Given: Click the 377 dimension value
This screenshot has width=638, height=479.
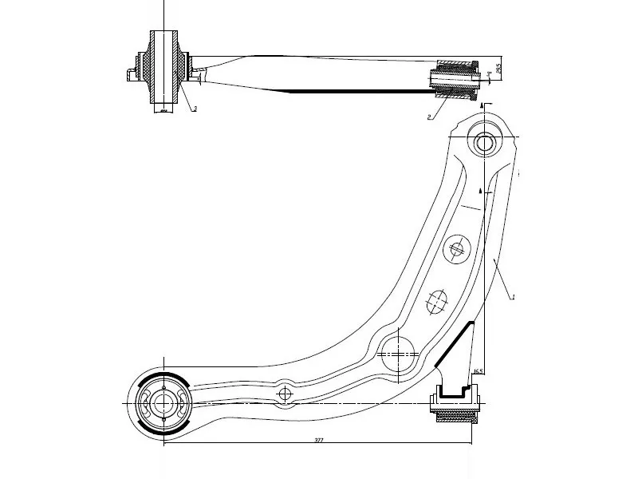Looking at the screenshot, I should pyautogui.click(x=318, y=440).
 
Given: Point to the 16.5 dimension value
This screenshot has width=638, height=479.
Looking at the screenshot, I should pyautogui.click(x=478, y=371).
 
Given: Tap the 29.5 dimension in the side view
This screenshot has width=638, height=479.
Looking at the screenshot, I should pyautogui.click(x=498, y=69).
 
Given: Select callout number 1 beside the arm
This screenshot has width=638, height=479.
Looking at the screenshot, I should pyautogui.click(x=514, y=297).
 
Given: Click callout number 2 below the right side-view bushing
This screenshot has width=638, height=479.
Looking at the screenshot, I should pyautogui.click(x=430, y=117).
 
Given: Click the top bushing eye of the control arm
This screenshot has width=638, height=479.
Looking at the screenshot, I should pyautogui.click(x=484, y=144).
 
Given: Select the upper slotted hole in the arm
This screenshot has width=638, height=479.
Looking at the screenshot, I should pyautogui.click(x=456, y=250).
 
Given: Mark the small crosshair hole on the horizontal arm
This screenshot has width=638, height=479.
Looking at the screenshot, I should pyautogui.click(x=285, y=394).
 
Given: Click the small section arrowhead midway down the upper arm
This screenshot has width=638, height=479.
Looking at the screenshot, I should pyautogui.click(x=480, y=192).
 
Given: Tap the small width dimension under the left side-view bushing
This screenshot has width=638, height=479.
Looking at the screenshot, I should pyautogui.click(x=163, y=112).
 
